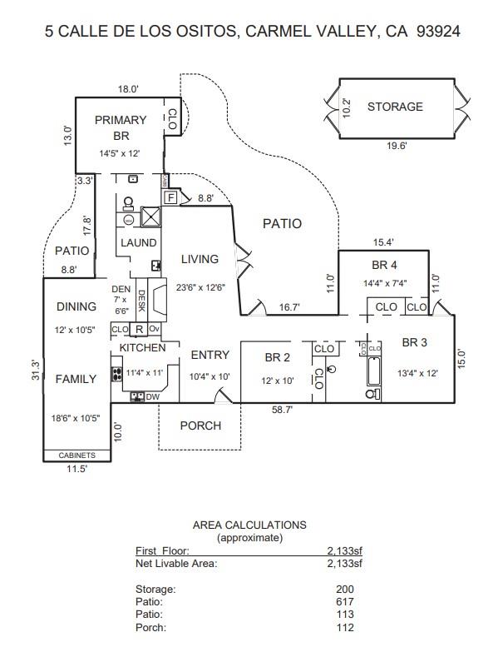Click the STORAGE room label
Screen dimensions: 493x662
(x=395, y=107)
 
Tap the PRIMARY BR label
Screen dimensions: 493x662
(x=121, y=127)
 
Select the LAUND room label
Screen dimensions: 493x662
(x=139, y=243)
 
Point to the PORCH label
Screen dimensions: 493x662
(x=200, y=426)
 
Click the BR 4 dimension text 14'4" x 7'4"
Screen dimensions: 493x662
(x=385, y=283)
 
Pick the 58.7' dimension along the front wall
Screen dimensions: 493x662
(x=282, y=410)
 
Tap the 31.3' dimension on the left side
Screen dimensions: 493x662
(x=36, y=370)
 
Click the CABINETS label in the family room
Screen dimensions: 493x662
(x=77, y=455)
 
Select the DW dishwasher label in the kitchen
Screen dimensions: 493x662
(x=152, y=397)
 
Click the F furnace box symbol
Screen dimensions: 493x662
(x=170, y=197)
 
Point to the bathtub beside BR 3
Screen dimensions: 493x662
(x=374, y=371)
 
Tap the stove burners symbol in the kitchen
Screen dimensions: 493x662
(x=116, y=374)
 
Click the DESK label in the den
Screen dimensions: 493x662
(x=141, y=301)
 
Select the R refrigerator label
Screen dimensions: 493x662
(x=139, y=330)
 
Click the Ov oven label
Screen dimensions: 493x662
(x=155, y=328)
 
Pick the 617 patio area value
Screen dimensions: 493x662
(x=345, y=601)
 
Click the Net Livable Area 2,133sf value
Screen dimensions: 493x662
(x=345, y=563)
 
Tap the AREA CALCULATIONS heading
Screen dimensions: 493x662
(x=249, y=525)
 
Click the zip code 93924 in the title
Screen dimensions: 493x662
(x=438, y=32)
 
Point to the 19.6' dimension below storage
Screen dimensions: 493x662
(x=397, y=146)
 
